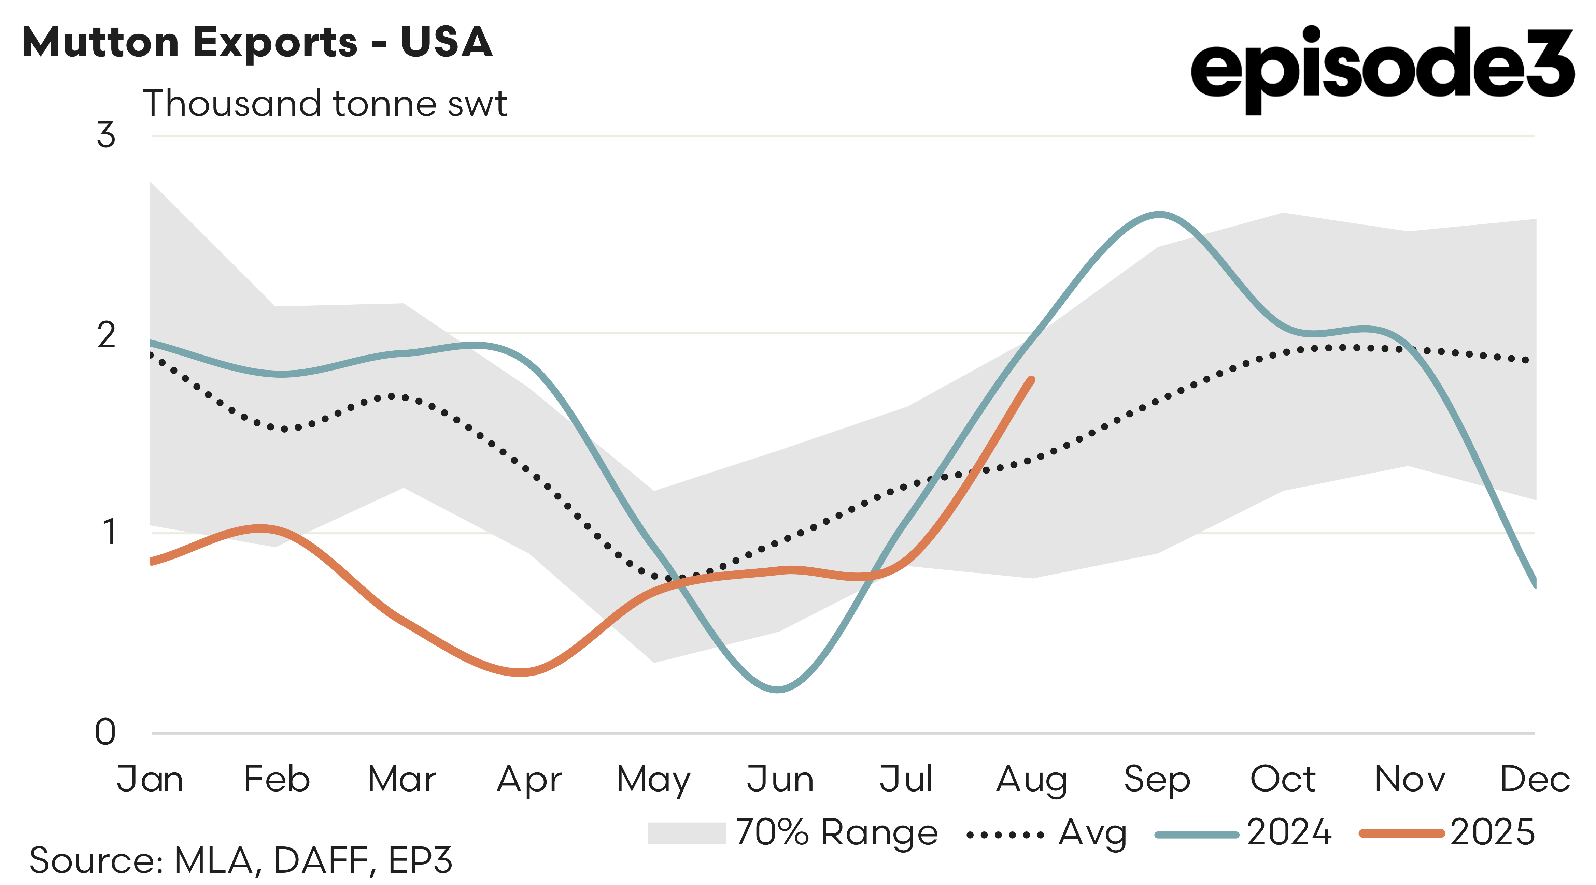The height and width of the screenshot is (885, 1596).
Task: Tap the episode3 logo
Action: [1382, 69]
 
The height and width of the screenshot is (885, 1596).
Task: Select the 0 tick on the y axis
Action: [105, 732]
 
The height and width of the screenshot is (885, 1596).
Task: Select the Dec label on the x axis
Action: [1534, 779]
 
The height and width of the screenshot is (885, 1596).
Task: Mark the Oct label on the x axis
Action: [1283, 779]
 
